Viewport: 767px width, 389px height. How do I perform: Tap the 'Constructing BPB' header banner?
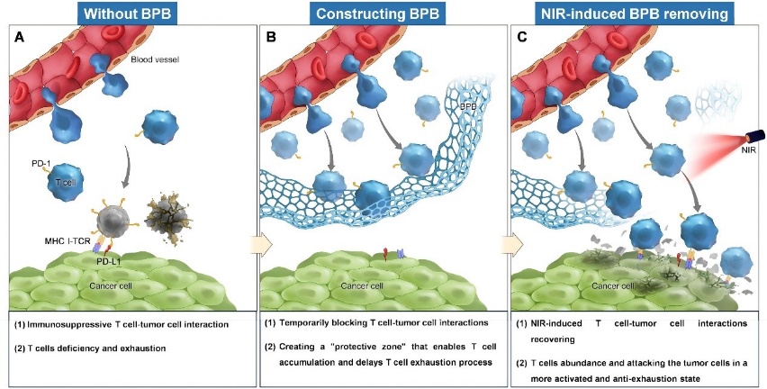point(377,14)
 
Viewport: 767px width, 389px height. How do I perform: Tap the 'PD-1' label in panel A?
point(39,164)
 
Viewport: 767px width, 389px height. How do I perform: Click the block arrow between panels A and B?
point(257,244)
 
